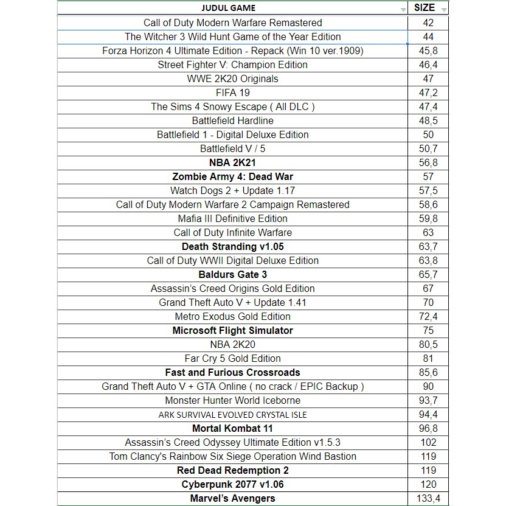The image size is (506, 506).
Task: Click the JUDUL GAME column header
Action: click(x=228, y=8)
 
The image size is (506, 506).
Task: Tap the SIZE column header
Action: click(x=424, y=8)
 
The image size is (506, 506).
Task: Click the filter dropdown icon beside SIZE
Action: click(x=444, y=10)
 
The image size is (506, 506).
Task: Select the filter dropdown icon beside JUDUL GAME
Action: click(x=403, y=10)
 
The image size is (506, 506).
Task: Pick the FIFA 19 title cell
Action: click(x=232, y=92)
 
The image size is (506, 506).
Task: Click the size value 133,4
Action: click(x=428, y=498)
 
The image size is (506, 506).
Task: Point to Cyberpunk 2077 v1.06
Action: click(x=232, y=484)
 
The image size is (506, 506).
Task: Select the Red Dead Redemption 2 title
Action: click(x=232, y=470)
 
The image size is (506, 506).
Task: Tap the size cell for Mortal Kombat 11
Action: click(x=428, y=428)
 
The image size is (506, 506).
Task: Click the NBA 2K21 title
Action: click(x=232, y=162)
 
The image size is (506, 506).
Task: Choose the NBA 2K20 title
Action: click(x=232, y=344)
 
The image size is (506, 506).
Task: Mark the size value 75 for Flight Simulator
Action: click(x=428, y=330)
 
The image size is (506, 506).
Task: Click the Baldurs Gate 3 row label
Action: click(x=232, y=274)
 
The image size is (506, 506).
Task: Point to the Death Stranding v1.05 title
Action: click(x=232, y=246)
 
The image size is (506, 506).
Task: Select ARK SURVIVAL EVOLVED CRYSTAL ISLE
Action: click(x=232, y=415)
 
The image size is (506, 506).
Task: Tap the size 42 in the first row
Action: click(x=428, y=23)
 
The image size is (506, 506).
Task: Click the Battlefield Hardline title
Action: click(x=232, y=120)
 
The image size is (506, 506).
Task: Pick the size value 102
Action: click(x=428, y=442)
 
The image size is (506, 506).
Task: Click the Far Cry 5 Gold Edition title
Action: click(x=232, y=358)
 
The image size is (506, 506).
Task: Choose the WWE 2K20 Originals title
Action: click(x=232, y=78)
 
